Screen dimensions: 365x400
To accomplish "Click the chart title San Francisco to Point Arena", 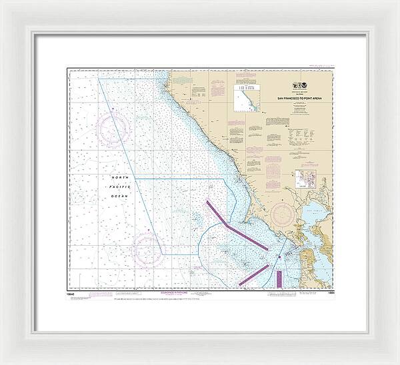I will (305, 99).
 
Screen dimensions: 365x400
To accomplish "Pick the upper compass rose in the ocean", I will (113, 127).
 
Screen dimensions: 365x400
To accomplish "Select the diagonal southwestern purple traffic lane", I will (253, 274).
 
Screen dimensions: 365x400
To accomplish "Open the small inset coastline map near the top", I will (244, 101).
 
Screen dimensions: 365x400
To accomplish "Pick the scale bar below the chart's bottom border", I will (200, 299).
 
